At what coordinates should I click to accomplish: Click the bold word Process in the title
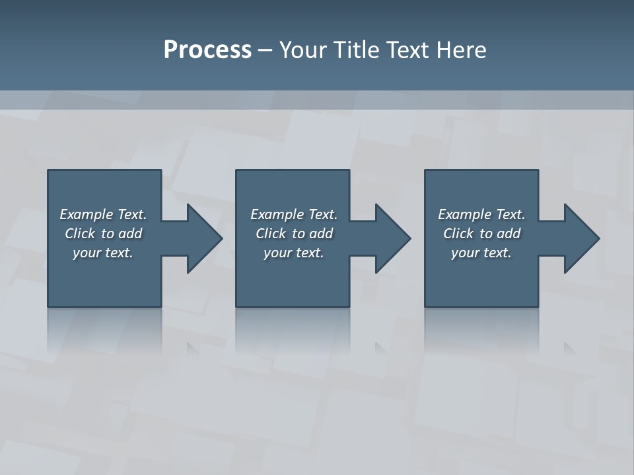click(x=207, y=50)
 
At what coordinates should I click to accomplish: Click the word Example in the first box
click(x=86, y=214)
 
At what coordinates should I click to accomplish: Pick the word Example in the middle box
click(x=277, y=214)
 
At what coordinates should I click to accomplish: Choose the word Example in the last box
click(x=464, y=214)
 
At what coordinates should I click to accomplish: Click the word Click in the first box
click(x=80, y=234)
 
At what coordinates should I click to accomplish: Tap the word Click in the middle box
click(x=271, y=234)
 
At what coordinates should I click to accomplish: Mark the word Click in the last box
click(x=458, y=234)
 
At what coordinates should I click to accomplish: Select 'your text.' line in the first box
click(x=103, y=253)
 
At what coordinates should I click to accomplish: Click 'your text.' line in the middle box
click(x=294, y=253)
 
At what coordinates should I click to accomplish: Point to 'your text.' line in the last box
click(x=481, y=253)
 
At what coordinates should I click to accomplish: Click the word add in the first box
click(x=131, y=234)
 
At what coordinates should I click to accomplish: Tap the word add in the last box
click(x=509, y=234)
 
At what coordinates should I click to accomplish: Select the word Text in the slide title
click(x=406, y=50)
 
